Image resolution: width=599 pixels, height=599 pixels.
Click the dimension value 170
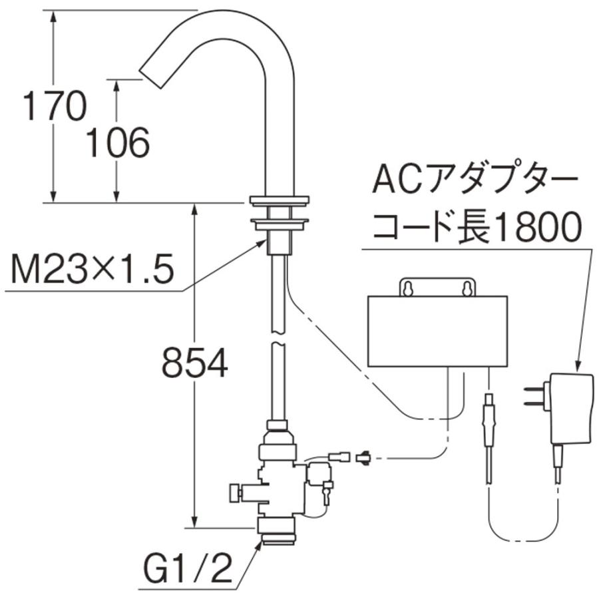[x=55, y=106]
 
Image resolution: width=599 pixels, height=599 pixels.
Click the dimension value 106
[x=118, y=142]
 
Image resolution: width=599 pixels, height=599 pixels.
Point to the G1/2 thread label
[x=186, y=569]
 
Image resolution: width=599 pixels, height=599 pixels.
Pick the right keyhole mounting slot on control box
[x=468, y=288]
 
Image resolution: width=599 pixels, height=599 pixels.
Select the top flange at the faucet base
[x=280, y=199]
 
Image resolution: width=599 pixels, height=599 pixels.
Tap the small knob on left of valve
[x=233, y=493]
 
